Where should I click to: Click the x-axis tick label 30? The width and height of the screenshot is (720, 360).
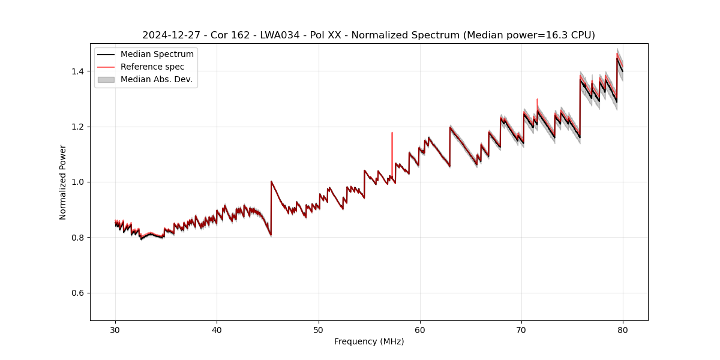pos(115,329)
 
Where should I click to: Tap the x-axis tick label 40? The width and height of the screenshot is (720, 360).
pos(217,329)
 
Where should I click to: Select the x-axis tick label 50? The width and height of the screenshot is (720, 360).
pos(319,329)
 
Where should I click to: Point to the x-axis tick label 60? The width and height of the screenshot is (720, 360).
pos(420,329)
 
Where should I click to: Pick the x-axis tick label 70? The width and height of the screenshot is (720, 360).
pos(521,329)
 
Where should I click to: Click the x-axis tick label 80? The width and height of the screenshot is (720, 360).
pos(623,329)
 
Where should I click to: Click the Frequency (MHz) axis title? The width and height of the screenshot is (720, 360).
pos(369,341)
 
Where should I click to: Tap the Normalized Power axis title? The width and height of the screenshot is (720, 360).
pos(63,182)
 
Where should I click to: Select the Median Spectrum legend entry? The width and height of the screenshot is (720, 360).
pos(157,55)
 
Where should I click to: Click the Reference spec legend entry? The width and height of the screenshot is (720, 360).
pos(152,67)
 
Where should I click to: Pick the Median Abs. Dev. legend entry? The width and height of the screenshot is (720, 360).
pos(156,79)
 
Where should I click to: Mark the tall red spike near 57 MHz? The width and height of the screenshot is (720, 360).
pos(392,144)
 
